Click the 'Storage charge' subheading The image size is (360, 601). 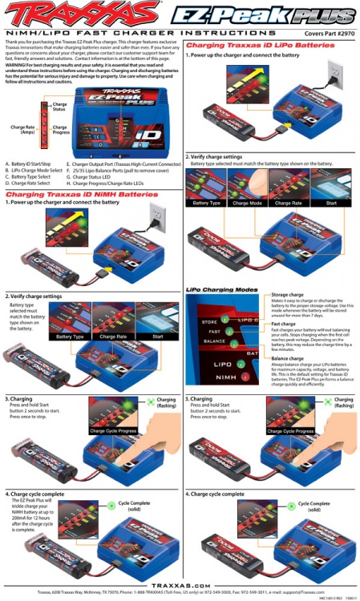(287, 295)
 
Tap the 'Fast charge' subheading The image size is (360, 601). (283, 324)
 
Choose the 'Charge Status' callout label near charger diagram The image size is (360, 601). (60, 106)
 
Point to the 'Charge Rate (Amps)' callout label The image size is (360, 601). (22, 129)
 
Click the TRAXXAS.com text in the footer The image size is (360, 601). (180, 586)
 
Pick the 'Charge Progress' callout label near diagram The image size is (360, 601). (60, 129)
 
